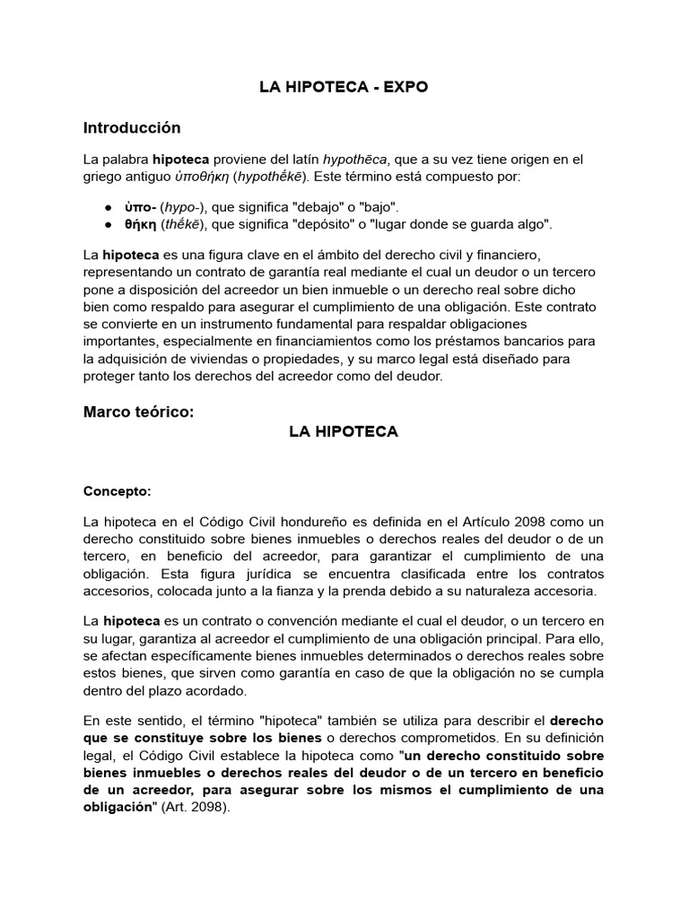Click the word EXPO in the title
406,87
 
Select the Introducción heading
132,127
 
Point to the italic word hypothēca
354,160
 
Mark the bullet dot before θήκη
109,224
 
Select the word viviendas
232,359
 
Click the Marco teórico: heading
138,412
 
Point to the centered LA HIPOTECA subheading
344,431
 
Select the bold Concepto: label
118,491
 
